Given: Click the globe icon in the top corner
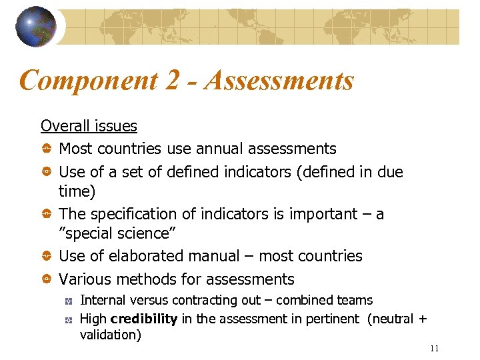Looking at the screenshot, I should [37, 27].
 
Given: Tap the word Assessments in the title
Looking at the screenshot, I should [280, 81].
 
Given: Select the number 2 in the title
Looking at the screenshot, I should [172, 81].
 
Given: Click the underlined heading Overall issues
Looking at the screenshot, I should [89, 126].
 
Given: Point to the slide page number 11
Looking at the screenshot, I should [435, 349].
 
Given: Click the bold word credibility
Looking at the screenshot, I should [145, 319].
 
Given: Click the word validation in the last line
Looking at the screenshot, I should [110, 335].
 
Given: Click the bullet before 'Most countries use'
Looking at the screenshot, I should [47, 149].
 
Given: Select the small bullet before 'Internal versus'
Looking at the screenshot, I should [68, 301].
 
